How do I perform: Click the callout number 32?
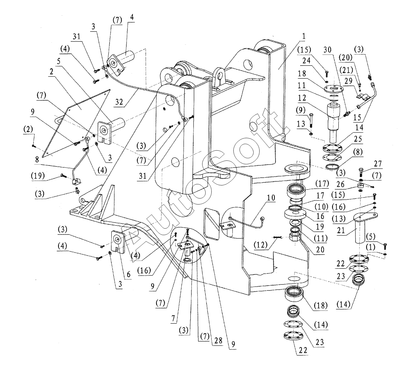pyautogui.click(x=119, y=102)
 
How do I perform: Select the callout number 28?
pyautogui.click(x=218, y=340)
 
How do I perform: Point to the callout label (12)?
pyautogui.click(x=261, y=245)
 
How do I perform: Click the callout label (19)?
pyautogui.click(x=38, y=176)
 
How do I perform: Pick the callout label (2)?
pyautogui.click(x=28, y=129)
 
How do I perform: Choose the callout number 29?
pyautogui.click(x=348, y=80)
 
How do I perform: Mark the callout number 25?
pyautogui.click(x=358, y=139)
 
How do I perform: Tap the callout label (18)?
pyautogui.click(x=321, y=305)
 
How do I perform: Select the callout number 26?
pyautogui.click(x=340, y=184)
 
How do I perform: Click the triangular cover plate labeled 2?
pyautogui.click(x=76, y=123)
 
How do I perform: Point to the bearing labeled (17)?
pyautogui.click(x=296, y=191)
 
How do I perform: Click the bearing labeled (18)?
pyautogui.click(x=294, y=294)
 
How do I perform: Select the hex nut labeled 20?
pyautogui.click(x=295, y=237)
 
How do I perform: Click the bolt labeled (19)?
pyautogui.click(x=64, y=175)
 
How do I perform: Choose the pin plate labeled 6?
pyautogui.click(x=118, y=241)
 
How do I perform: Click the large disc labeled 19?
pyautogui.click(x=295, y=214)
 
